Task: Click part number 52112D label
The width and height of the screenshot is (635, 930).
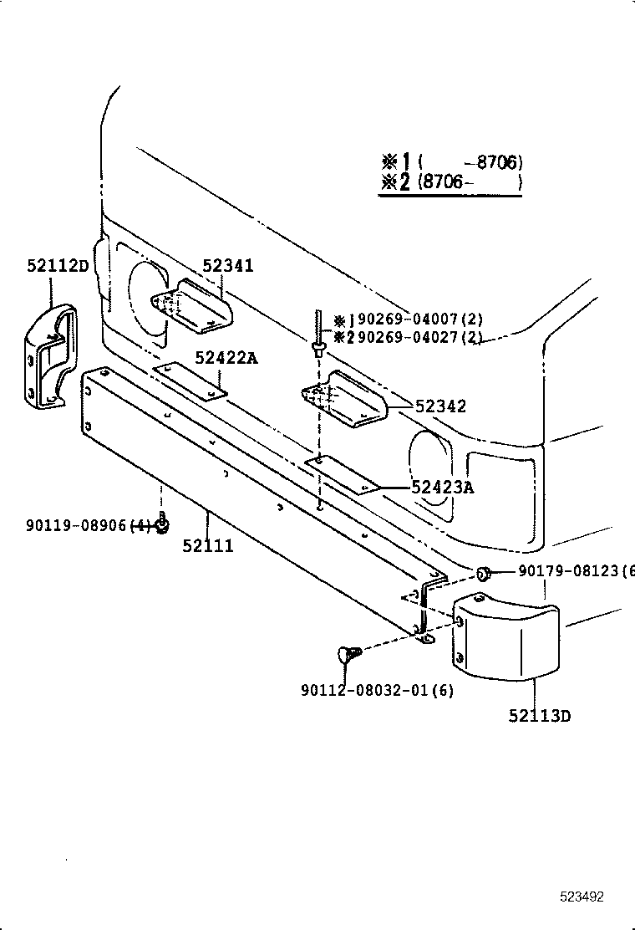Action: (x=57, y=266)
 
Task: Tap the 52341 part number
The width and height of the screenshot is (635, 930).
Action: (x=227, y=266)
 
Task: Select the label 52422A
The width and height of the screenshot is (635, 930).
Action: (x=226, y=358)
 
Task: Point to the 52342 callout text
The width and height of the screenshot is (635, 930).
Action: (x=440, y=406)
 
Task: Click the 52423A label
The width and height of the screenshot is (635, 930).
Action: (x=442, y=488)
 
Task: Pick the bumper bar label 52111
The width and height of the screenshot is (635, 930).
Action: (x=208, y=546)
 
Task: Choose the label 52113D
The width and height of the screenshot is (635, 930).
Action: (x=540, y=716)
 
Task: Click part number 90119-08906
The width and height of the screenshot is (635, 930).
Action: (x=76, y=525)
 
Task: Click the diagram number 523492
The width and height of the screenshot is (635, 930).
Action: (x=582, y=897)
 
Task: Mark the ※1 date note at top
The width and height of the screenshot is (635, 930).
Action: (x=451, y=162)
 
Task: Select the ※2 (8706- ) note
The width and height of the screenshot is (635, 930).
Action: (x=451, y=181)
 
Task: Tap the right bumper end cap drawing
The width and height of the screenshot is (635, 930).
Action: (x=505, y=633)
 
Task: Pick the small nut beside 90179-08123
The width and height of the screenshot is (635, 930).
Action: (x=483, y=573)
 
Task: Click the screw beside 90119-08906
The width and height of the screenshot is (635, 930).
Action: (x=163, y=524)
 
